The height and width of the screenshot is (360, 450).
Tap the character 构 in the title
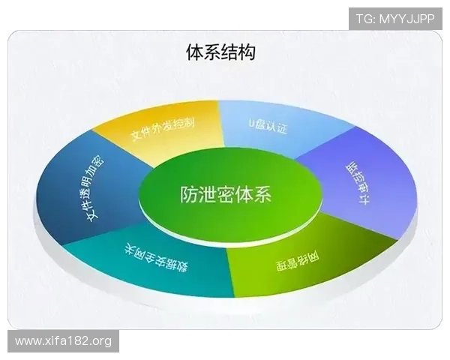(245, 52)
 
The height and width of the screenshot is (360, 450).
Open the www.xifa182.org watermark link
(63, 341)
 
